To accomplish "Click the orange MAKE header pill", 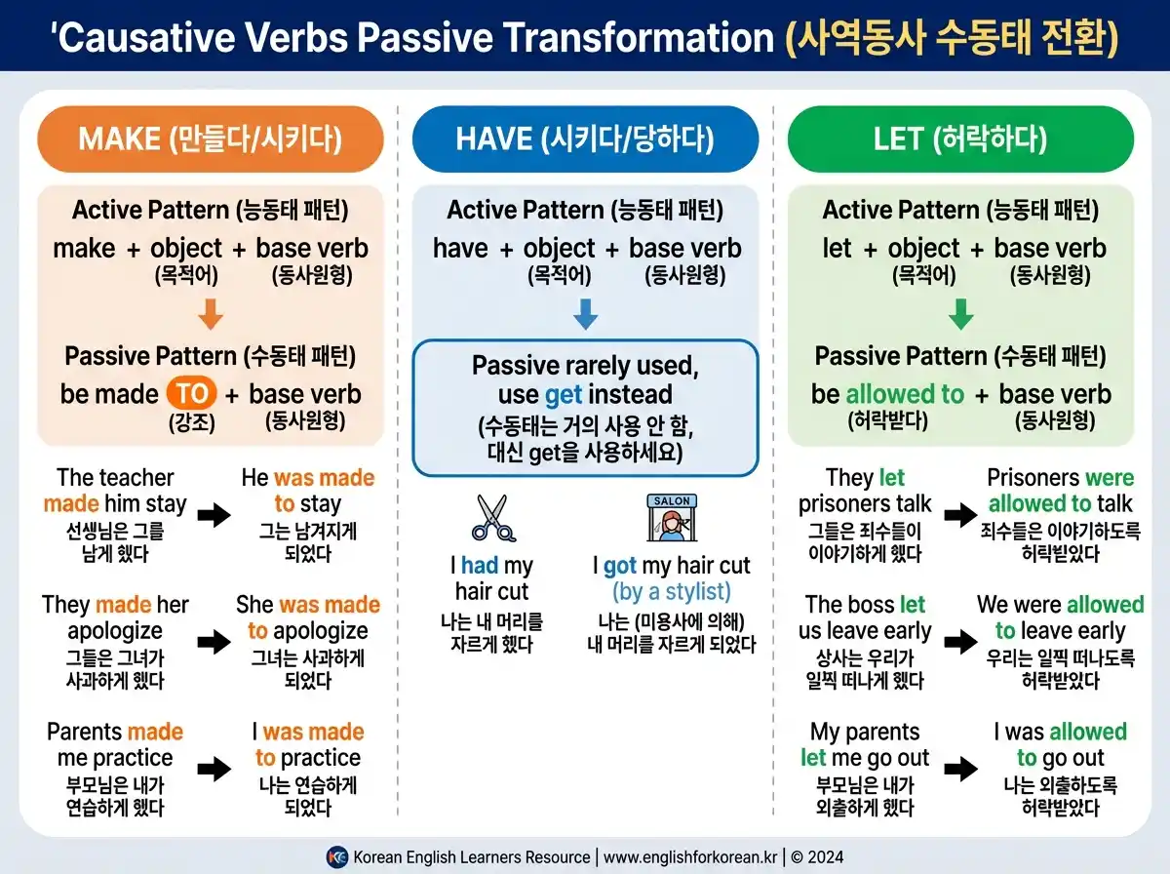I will (x=211, y=139).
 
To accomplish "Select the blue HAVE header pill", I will (x=585, y=139).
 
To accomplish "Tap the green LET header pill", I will (x=960, y=139).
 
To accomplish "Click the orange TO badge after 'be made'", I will (x=192, y=394).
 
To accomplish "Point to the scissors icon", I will (x=493, y=518).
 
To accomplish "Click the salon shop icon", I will (x=672, y=518).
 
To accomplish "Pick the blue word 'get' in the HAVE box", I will (x=565, y=394).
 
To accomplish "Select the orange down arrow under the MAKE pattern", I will (x=211, y=314).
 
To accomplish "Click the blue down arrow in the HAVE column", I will (x=585, y=314).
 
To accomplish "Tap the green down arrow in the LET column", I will (x=960, y=314).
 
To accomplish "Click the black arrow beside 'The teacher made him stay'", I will (x=214, y=515).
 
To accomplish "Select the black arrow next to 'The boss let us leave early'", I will (x=959, y=642).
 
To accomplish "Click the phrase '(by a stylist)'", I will (x=672, y=592).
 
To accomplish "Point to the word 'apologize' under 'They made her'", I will (x=115, y=631).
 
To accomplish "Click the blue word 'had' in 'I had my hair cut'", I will (x=480, y=566).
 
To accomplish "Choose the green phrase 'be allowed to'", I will (x=887, y=394).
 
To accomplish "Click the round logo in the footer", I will (x=336, y=857).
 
